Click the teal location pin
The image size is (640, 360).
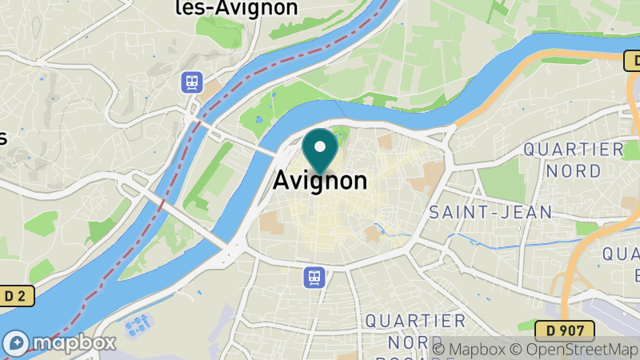[320, 152]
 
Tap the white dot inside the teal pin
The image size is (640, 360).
[320, 147]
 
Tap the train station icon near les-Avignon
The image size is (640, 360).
[192, 82]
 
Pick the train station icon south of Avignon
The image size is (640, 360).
[314, 278]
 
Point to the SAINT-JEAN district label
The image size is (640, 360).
[490, 212]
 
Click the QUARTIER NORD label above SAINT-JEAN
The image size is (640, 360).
[573, 159]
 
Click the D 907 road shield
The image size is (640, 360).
[566, 329]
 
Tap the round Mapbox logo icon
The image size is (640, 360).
[15, 342]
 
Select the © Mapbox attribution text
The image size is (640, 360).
[470, 349]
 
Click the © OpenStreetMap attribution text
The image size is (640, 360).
[572, 349]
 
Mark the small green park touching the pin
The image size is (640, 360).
[339, 134]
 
